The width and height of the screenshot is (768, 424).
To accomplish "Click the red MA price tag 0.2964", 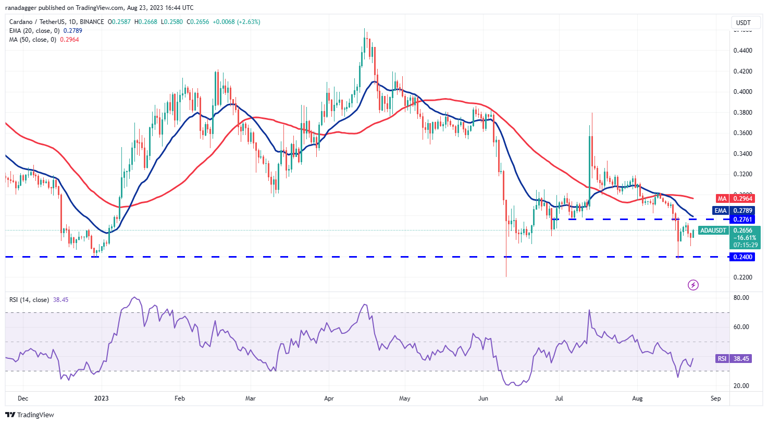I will click(742, 199).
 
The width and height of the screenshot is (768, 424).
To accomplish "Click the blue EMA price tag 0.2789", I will click(742, 211).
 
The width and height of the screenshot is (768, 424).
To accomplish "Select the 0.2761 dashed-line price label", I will click(742, 220).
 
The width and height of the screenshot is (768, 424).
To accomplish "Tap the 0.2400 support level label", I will click(742, 257).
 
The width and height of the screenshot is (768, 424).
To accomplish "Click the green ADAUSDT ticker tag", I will click(713, 231).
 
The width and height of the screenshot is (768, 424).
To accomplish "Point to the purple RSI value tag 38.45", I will click(740, 359).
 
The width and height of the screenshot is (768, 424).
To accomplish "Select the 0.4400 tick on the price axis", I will click(742, 51).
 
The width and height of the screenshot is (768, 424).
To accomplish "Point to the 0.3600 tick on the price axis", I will click(742, 133).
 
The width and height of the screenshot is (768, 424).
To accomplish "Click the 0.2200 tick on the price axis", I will click(742, 277).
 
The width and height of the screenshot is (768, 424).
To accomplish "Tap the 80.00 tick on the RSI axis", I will click(741, 298).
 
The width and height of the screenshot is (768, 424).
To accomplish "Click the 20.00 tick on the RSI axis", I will click(741, 386).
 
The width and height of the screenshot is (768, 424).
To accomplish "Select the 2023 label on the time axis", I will click(101, 398).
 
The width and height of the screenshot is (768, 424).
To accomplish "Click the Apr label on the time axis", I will click(329, 398).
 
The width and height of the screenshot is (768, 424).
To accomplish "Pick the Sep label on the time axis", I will click(715, 398).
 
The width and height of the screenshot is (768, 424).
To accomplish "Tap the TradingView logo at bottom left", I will click(30, 415).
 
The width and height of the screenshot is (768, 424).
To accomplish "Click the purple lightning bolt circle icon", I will click(693, 285).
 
